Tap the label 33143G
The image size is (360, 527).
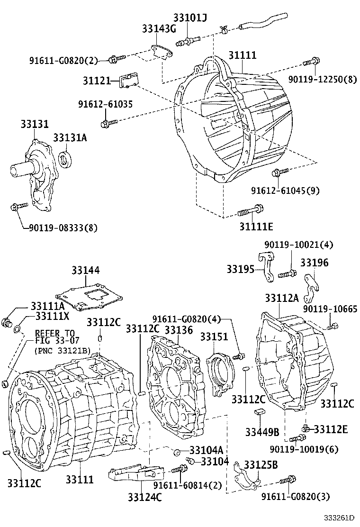(159, 29)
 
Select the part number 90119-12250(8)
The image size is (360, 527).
(323, 80)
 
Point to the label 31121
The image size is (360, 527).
(97, 81)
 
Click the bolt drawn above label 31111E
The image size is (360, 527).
(252, 210)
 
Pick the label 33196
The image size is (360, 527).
(315, 263)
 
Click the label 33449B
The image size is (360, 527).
(262, 432)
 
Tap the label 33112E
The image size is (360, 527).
(331, 429)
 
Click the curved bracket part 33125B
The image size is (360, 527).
(246, 479)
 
